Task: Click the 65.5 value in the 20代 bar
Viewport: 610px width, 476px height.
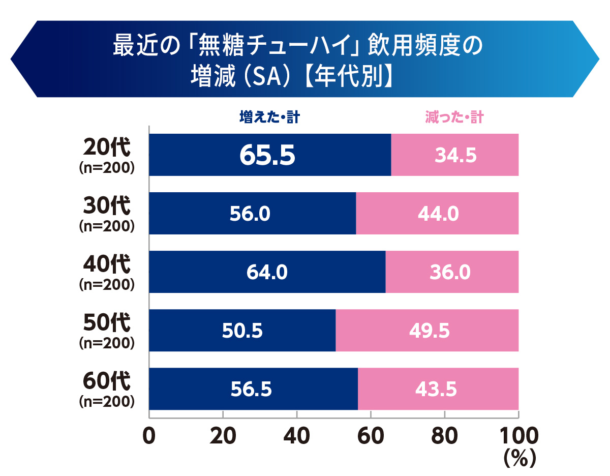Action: coord(267,156)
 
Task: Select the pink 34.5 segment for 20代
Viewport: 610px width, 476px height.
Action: coord(455,156)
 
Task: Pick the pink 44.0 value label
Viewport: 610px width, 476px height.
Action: coord(438,214)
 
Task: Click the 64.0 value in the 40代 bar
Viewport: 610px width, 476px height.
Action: coord(267,273)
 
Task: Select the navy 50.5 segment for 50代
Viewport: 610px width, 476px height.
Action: coord(242,331)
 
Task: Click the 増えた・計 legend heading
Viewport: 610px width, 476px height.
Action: coord(269,118)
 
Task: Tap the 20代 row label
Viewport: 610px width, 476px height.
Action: coord(107,148)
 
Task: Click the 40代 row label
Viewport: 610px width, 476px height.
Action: coord(107,265)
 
